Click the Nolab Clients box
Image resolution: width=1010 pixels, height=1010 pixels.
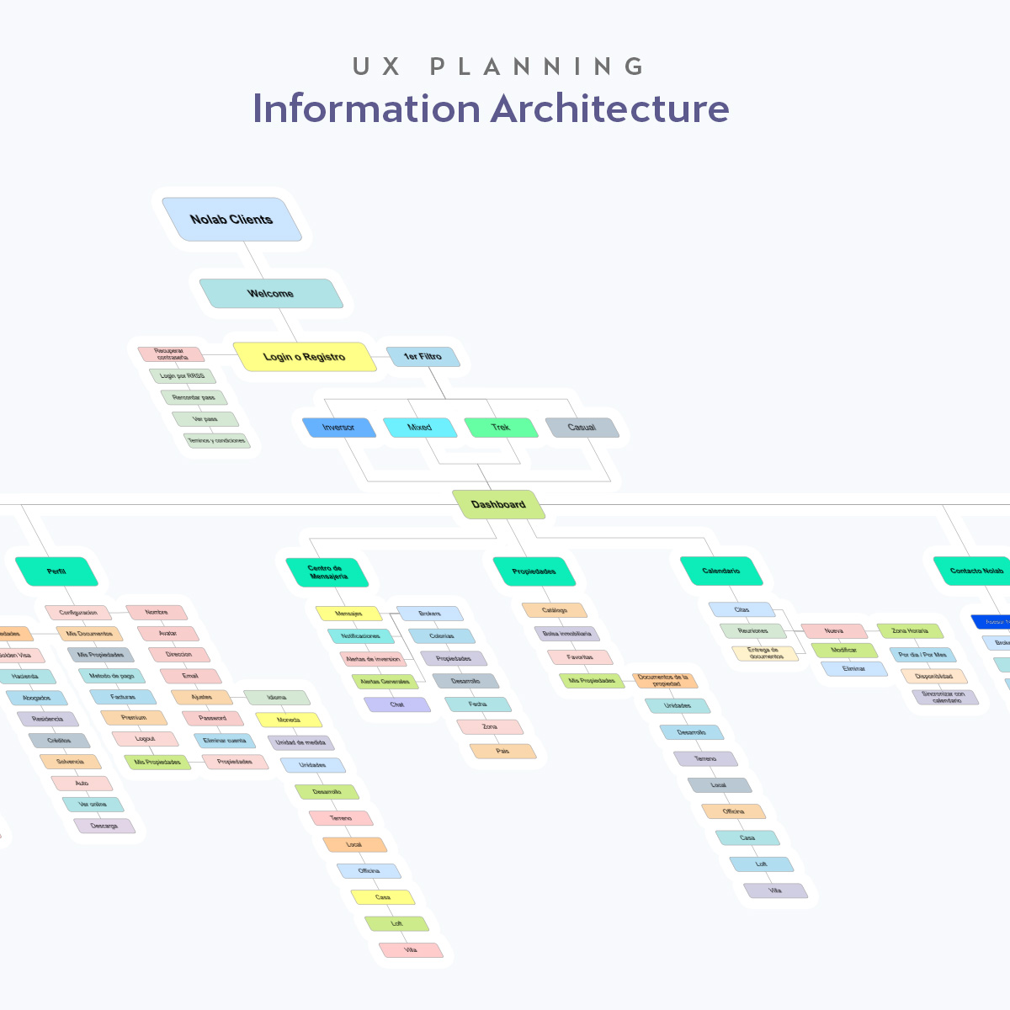231,220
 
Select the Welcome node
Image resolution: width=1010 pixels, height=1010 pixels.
270,294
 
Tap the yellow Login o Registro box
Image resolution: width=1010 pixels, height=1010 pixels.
304,357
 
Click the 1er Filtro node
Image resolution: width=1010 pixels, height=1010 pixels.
423,357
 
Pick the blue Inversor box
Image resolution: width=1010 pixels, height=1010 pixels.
338,428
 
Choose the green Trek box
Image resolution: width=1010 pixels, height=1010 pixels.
501,428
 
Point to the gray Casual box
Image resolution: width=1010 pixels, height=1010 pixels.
582,428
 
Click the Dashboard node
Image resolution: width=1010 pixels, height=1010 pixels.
498,504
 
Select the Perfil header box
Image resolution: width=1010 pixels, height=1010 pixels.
56,571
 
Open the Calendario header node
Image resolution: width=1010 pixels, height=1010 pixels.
721,571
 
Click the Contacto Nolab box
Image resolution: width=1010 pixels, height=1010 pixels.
976,571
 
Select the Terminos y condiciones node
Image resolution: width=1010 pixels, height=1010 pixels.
217,440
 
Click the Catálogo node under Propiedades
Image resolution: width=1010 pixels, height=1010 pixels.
555,610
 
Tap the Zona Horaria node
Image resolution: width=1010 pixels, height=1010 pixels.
910,630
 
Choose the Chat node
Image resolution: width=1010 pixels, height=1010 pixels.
397,704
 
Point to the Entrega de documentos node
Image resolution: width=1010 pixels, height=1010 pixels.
764,653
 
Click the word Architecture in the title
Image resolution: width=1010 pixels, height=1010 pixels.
609,109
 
